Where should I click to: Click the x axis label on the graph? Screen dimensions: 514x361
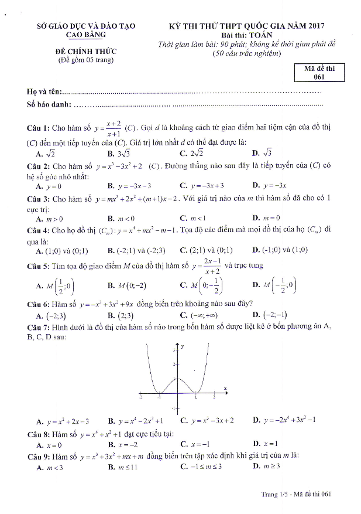pyautogui.click(x=225, y=387)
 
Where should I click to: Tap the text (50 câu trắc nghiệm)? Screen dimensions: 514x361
pyautogui.click(x=246, y=54)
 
